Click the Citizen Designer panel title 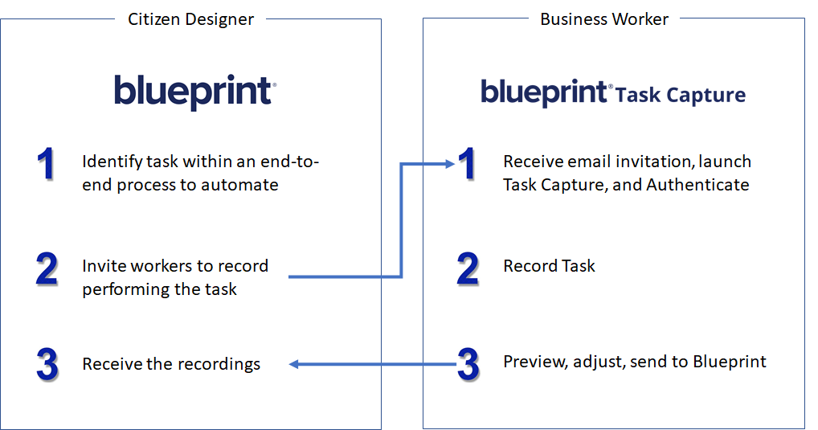coord(191,19)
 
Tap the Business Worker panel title coord(604,19)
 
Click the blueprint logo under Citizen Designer coord(195,92)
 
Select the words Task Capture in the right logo coord(681,95)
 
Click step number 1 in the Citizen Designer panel coord(47,164)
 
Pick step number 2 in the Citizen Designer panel coord(47,269)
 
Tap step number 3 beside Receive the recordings coord(47,364)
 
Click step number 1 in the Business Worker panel coord(468,164)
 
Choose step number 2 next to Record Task coord(468,269)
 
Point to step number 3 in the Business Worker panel coord(468,364)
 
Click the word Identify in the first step coord(112,162)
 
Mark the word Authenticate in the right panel coord(697,185)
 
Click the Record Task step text coord(549,265)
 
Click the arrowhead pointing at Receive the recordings coord(294,364)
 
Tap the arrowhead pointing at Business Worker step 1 coord(450,164)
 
